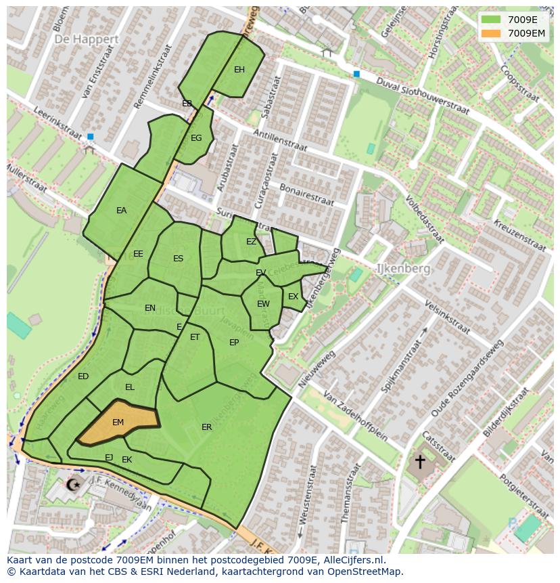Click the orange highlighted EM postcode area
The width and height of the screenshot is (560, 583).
click(118, 423)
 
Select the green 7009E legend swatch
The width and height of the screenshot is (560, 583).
click(491, 20)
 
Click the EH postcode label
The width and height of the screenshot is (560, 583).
click(239, 70)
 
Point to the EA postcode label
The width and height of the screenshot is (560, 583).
click(121, 211)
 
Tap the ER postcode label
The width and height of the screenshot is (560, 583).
click(206, 427)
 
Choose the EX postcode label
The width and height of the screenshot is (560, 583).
click(293, 297)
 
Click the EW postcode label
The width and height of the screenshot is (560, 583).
click(263, 304)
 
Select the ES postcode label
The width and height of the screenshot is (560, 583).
click(178, 259)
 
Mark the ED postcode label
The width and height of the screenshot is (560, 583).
click(83, 376)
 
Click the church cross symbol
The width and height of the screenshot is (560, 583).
click(420, 462)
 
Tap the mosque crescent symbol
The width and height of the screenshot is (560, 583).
click(73, 484)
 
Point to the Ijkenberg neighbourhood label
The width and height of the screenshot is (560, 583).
click(403, 269)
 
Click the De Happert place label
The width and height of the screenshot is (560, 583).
click(87, 39)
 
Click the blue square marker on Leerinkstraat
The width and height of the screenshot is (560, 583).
click(90, 137)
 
